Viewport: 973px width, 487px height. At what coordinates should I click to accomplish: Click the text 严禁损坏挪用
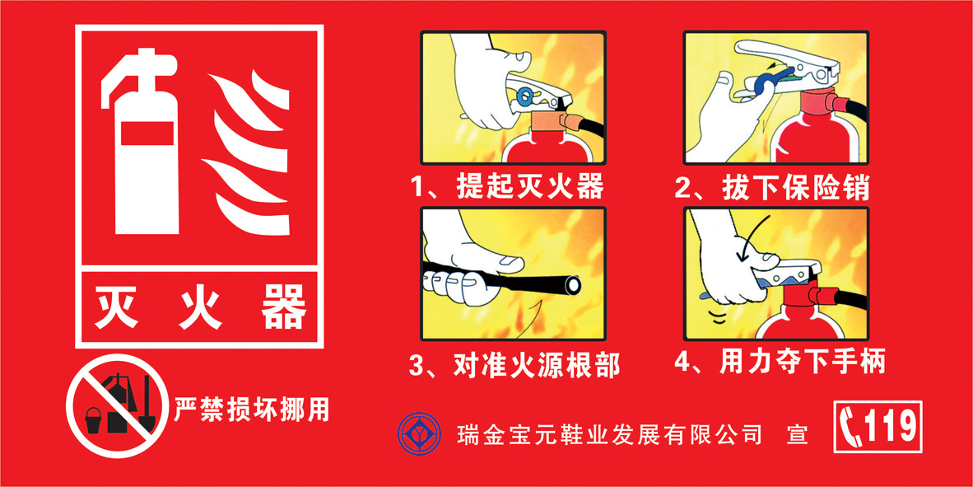tap(251, 409)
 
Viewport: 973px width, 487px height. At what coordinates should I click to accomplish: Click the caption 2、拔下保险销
tap(772, 187)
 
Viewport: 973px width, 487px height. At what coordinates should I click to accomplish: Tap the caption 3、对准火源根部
tap(514, 364)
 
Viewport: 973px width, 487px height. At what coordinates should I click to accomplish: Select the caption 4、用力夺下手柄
tap(780, 362)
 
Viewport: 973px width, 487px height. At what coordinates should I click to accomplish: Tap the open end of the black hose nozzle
tap(570, 285)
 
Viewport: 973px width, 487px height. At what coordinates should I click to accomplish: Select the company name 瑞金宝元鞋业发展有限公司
tap(609, 433)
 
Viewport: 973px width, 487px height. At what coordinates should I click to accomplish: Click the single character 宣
tap(797, 433)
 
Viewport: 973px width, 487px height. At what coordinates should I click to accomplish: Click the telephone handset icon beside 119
tap(849, 427)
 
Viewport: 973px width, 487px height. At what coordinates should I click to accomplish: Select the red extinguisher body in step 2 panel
tap(811, 140)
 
